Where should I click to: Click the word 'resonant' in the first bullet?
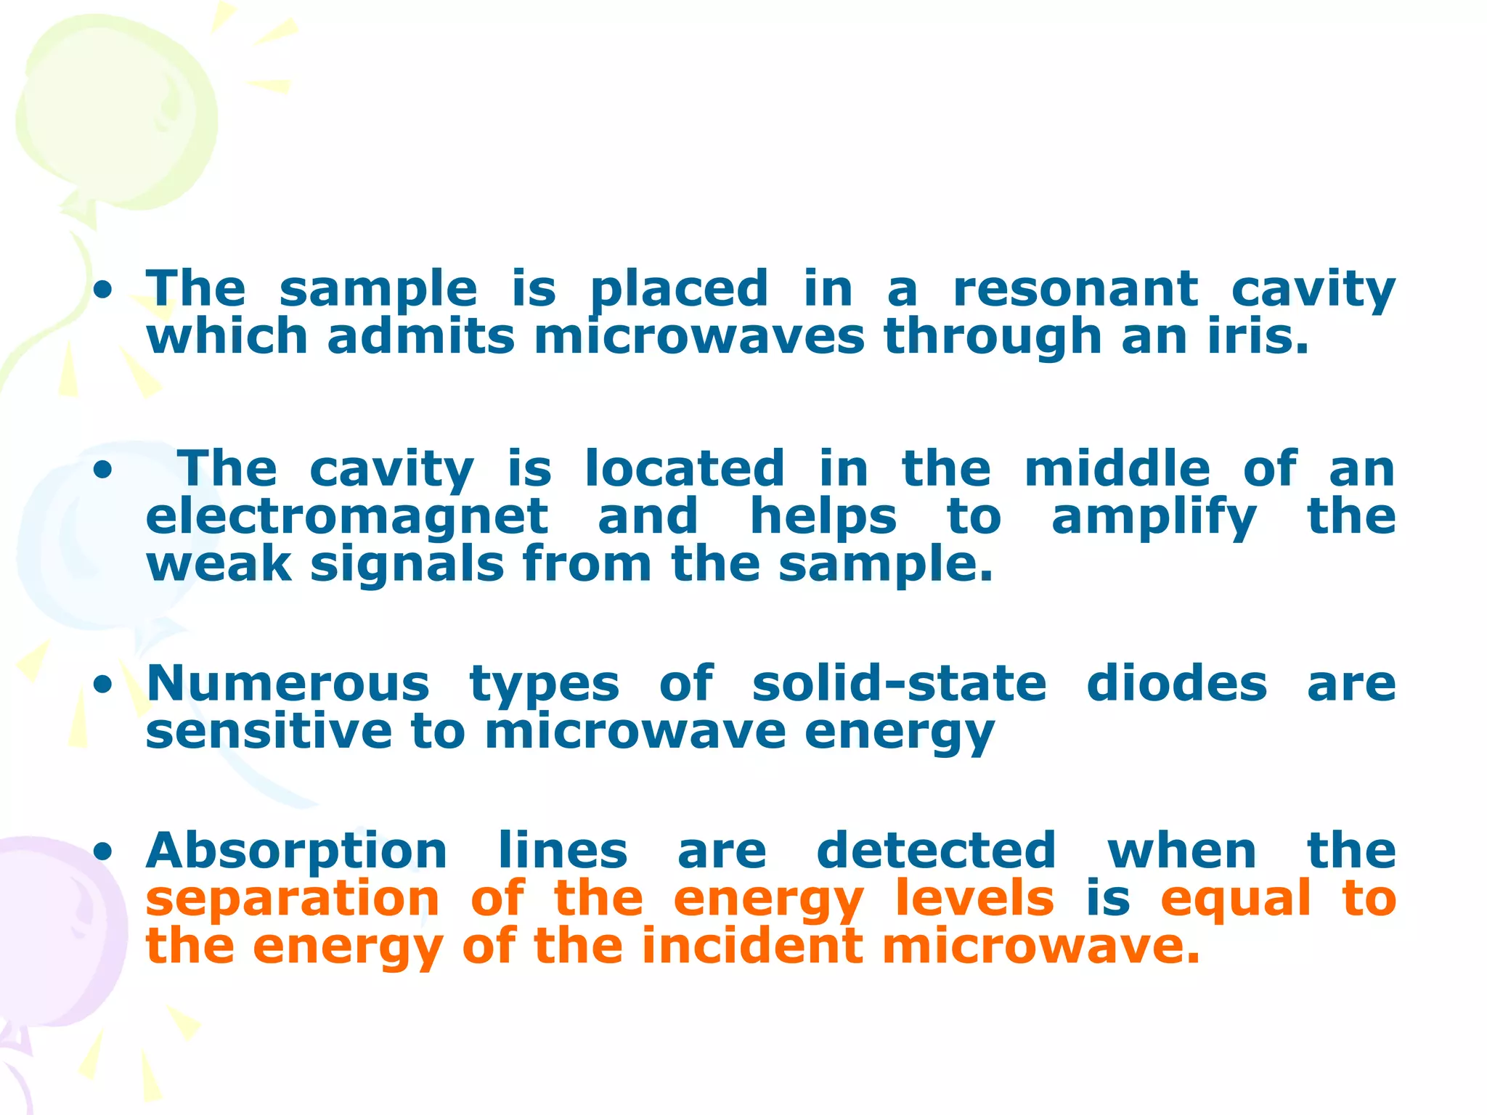tap(1075, 289)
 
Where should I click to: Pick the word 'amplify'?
tap(1154, 518)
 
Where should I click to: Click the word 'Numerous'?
tap(288, 684)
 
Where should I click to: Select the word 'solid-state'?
tap(899, 684)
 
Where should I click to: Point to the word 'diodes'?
tap(1177, 684)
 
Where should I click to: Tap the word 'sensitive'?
tap(269, 731)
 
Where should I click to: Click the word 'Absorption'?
tap(296, 852)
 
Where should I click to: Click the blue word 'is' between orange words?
tap(1108, 899)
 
